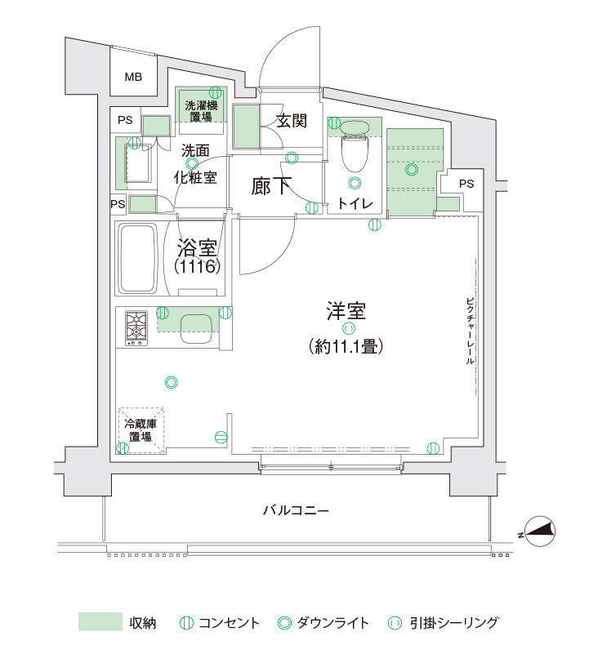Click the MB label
click(133, 77)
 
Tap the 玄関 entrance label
click(292, 121)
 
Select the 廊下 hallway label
click(271, 186)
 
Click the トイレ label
click(355, 203)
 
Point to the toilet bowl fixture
click(354, 145)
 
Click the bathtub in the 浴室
click(138, 258)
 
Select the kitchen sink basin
click(196, 329)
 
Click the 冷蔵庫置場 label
click(141, 429)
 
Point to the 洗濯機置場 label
click(201, 111)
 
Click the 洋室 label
click(346, 311)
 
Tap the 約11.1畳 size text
click(346, 346)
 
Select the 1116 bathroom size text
click(198, 266)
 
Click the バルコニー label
click(296, 510)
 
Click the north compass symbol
click(541, 532)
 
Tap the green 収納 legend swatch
click(100, 621)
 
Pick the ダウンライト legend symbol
click(284, 623)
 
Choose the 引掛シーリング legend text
click(454, 623)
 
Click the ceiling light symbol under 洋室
click(348, 328)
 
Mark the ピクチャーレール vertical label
click(470, 331)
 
